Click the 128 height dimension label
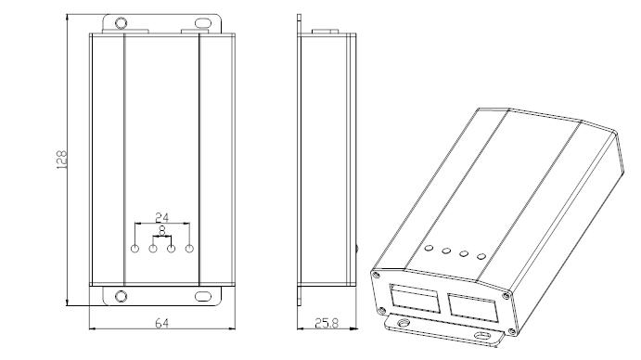(61, 160)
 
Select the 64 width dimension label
(162, 323)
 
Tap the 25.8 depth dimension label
(327, 323)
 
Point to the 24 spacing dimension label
(162, 217)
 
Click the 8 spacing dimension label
(162, 231)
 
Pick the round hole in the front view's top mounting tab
(121, 22)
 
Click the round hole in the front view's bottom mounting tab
(121, 296)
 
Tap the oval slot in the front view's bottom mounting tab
(202, 296)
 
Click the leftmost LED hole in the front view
(135, 249)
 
